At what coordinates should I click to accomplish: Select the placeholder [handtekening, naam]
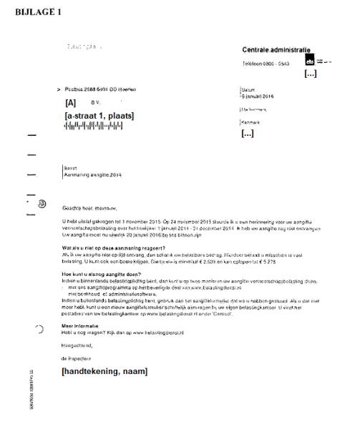(104, 371)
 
